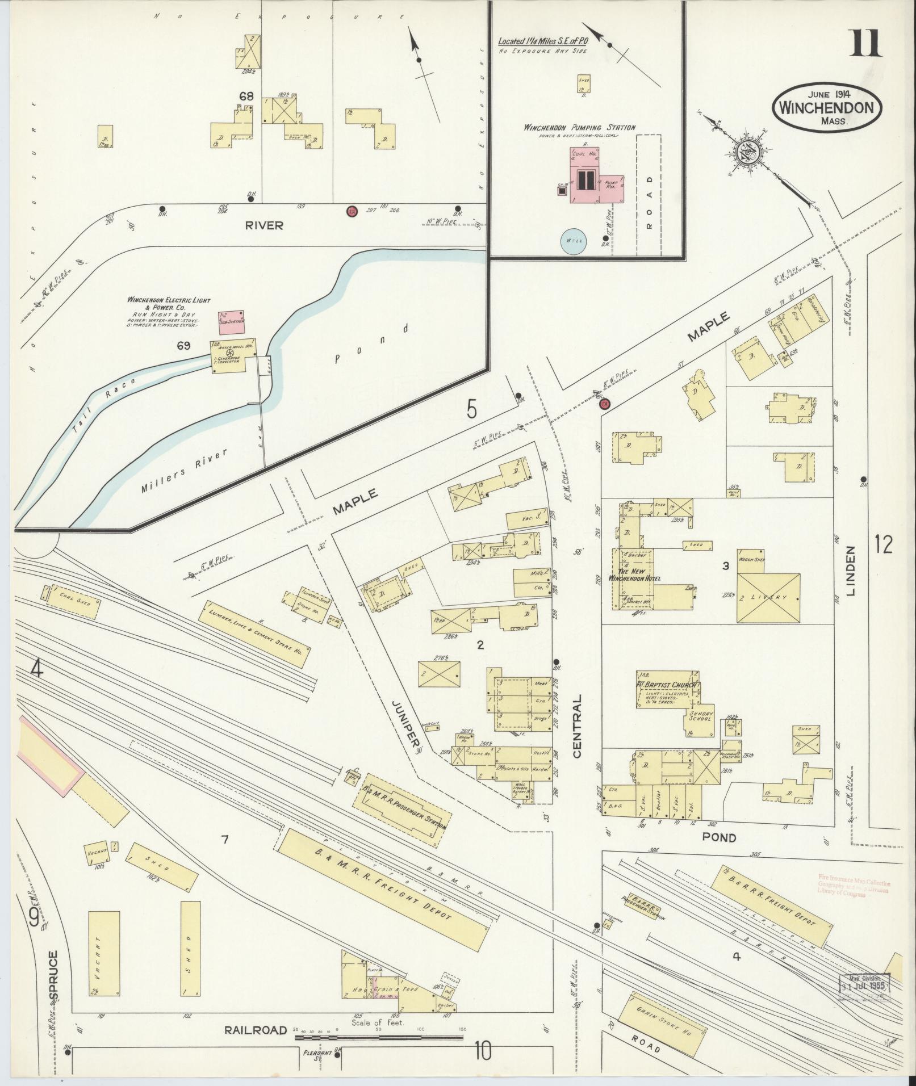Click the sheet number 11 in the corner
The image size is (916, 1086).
pyautogui.click(x=865, y=43)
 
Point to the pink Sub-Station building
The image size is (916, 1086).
pyautogui.click(x=231, y=321)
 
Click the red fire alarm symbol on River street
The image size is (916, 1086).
pyautogui.click(x=352, y=211)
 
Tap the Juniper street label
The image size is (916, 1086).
pyautogui.click(x=404, y=722)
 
